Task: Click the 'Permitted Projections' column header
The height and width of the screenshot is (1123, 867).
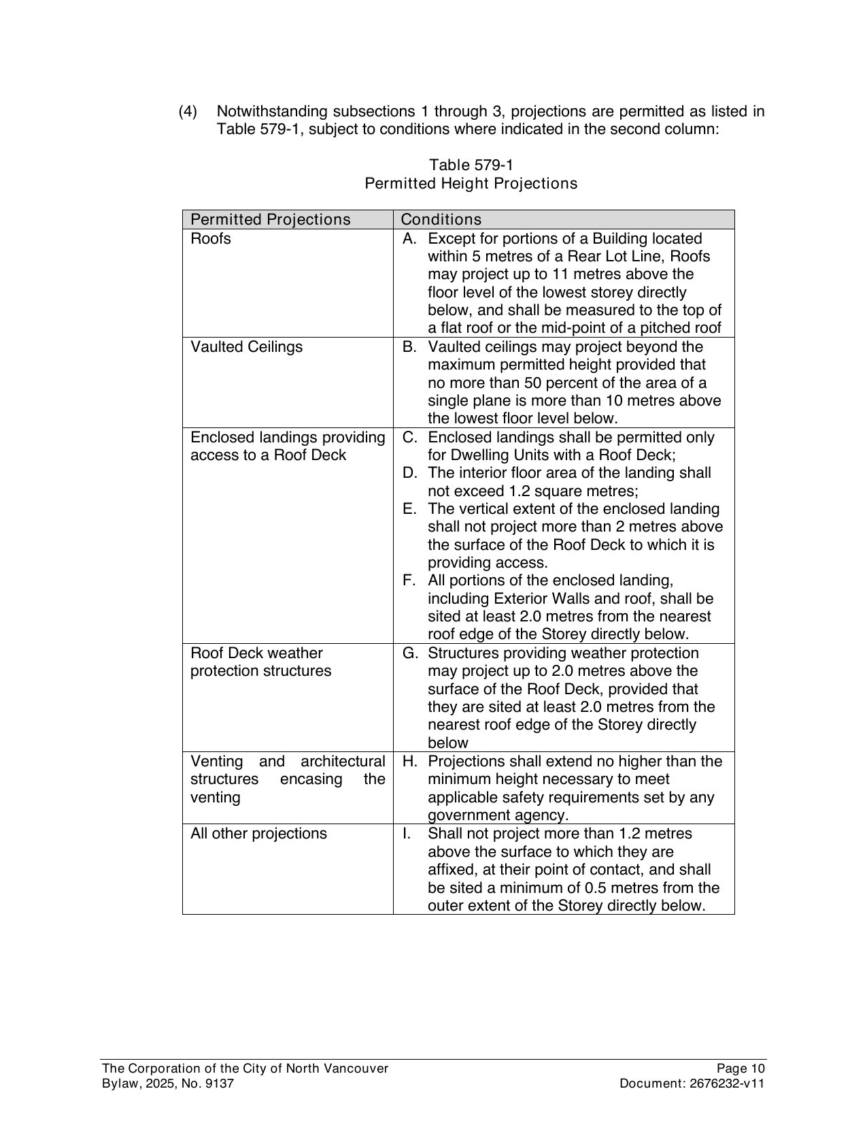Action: point(270,219)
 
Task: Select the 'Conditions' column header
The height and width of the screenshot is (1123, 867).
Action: point(441,219)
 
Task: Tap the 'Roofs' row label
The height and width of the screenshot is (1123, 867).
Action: point(211,239)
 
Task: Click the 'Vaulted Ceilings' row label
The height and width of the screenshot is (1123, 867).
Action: point(246,347)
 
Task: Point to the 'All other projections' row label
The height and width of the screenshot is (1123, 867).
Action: point(258,834)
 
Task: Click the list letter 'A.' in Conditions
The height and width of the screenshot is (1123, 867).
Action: point(409,239)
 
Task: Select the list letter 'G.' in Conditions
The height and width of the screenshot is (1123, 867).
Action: point(409,653)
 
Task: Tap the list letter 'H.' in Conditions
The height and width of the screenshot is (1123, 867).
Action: point(409,762)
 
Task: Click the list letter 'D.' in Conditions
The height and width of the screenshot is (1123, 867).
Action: point(409,473)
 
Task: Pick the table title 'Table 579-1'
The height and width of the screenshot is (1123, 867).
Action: point(471,165)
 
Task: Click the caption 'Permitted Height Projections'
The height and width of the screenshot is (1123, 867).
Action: point(471,184)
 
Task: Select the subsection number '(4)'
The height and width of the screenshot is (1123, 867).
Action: point(188,112)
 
